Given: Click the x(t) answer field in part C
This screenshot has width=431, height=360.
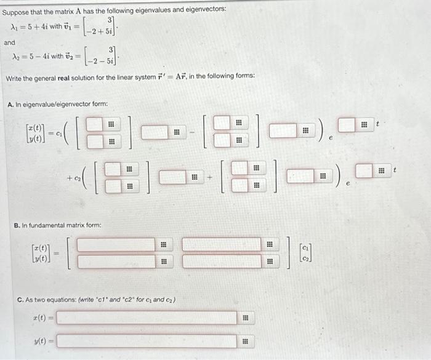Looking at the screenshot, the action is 148,318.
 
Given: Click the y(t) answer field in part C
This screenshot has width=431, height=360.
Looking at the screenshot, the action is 148,340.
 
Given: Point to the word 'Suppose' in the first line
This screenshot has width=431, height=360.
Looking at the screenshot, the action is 18,9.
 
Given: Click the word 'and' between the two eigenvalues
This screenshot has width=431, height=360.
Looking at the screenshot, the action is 9,42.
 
